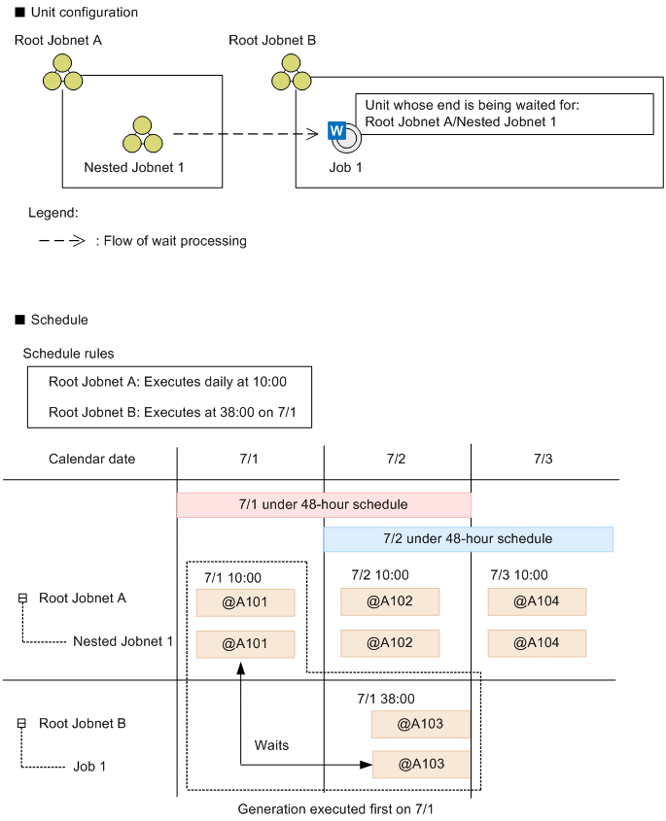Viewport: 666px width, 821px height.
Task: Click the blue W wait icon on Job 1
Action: (x=337, y=130)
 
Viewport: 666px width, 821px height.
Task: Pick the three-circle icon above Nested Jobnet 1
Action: (x=143, y=135)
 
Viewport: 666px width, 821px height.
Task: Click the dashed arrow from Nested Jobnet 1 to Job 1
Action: (x=248, y=134)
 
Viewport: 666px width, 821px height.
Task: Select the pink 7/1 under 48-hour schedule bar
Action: (x=323, y=505)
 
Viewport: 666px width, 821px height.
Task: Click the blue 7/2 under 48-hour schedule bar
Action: (x=468, y=539)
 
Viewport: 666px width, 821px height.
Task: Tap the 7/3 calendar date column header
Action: (x=543, y=459)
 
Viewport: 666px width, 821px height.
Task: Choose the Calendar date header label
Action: (x=92, y=459)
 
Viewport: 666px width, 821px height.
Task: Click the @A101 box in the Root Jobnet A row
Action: (x=245, y=602)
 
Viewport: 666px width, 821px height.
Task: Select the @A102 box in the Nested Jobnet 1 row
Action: (x=390, y=643)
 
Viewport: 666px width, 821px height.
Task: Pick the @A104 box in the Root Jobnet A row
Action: (x=537, y=602)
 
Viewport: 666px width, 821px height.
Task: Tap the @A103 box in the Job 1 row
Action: (x=421, y=765)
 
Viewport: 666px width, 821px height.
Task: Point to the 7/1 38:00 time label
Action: (x=386, y=698)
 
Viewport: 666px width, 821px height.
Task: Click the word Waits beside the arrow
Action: (x=271, y=745)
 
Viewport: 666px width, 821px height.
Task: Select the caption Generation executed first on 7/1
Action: (x=333, y=808)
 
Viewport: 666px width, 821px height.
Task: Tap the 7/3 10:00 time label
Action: (x=518, y=575)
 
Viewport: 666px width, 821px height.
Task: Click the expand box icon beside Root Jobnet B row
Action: (x=22, y=724)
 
